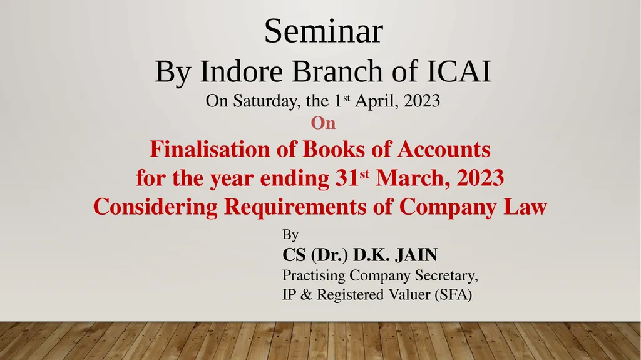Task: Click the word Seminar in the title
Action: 323,32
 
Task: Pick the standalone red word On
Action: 323,124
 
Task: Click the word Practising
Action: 314,276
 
